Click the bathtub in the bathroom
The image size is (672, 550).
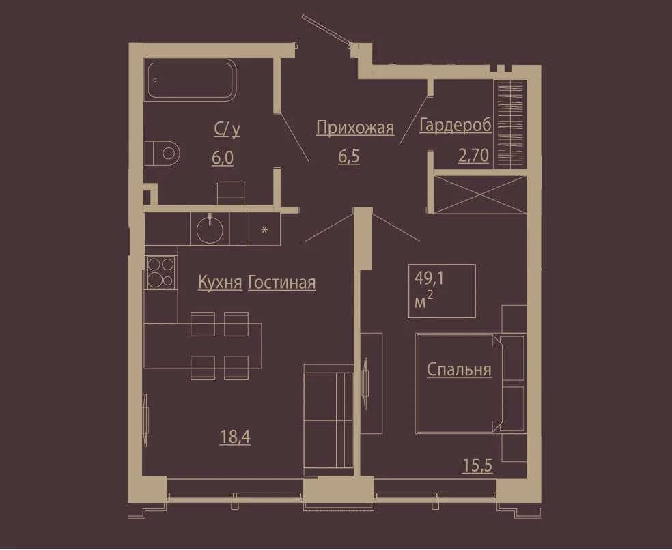point(191,80)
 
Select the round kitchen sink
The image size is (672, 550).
point(210,229)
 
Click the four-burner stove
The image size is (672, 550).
point(160,272)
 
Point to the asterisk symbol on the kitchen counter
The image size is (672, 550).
point(264,229)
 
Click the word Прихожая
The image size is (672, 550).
point(355,128)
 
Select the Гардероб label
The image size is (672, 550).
point(455,125)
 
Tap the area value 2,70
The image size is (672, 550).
point(473,156)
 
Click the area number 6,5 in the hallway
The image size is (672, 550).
point(349,157)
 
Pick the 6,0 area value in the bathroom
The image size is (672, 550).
point(223,158)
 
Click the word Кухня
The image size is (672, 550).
point(221,283)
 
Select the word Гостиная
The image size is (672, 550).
point(282,283)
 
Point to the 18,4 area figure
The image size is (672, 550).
point(235,437)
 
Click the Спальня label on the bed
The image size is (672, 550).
point(459,370)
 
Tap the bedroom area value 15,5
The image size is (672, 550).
point(477,465)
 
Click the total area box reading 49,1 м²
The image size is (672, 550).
point(442,291)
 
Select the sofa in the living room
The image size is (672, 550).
point(328,420)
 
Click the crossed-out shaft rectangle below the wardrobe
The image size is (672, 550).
point(479,194)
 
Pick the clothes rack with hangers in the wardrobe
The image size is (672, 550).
point(510,124)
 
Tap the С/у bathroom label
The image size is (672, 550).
point(227,130)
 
